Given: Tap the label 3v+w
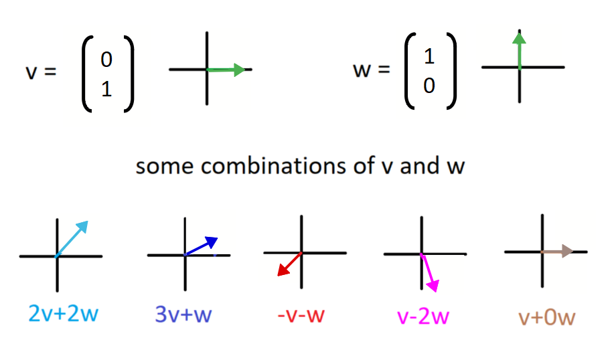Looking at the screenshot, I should click(x=183, y=314).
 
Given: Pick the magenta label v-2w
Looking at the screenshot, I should click(x=422, y=314).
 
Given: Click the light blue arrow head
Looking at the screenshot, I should click(x=83, y=227).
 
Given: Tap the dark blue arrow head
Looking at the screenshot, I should click(x=212, y=242).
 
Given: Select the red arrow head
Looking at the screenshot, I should click(x=282, y=270).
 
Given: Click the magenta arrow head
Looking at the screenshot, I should click(x=433, y=286).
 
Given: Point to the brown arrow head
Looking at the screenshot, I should click(x=567, y=252).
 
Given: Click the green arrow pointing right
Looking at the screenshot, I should click(x=228, y=70).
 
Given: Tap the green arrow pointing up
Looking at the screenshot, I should click(x=519, y=50).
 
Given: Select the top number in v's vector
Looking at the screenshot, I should click(x=106, y=60).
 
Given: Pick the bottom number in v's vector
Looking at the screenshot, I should click(x=106, y=89).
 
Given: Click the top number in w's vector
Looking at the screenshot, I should click(x=429, y=57).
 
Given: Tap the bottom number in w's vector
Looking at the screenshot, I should click(x=429, y=86).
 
